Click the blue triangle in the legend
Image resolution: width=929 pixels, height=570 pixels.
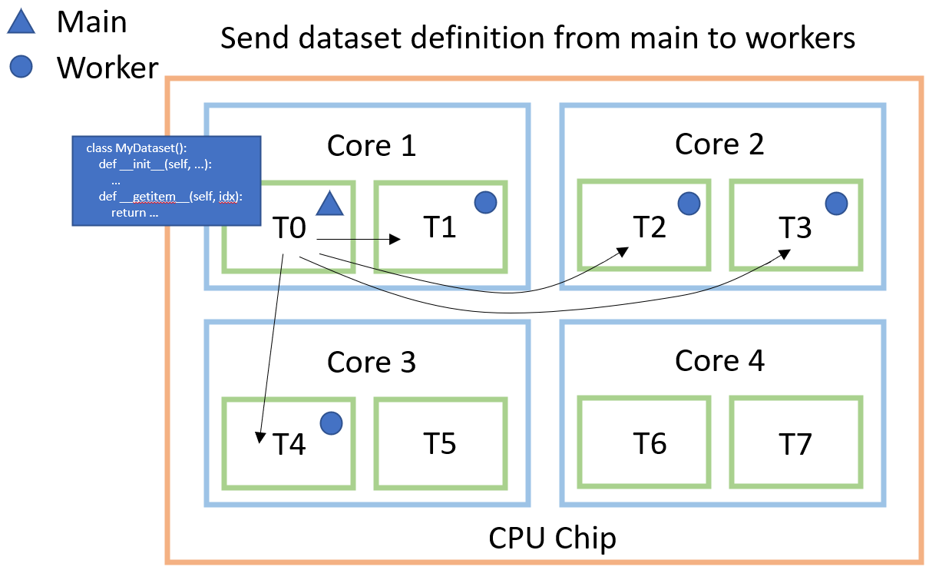tap(22, 24)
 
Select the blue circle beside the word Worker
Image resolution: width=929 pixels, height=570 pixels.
tap(21, 68)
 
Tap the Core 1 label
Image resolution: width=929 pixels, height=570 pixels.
tap(372, 145)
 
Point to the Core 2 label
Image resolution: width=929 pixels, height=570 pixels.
tap(719, 144)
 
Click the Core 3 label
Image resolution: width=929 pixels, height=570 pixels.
tap(372, 362)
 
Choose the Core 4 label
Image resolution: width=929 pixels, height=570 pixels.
tap(719, 360)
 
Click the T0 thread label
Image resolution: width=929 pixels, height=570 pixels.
tap(289, 227)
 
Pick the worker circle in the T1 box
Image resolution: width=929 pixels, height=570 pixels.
tap(485, 202)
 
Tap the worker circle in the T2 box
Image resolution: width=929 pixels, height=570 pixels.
tap(689, 203)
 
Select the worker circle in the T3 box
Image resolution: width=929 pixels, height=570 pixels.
tap(836, 203)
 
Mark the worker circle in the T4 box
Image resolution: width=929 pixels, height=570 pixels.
tap(331, 422)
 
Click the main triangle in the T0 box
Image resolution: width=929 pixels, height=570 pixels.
tap(329, 203)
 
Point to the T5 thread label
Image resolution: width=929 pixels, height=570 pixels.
tap(440, 443)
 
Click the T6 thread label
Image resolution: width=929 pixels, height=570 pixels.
tap(650, 443)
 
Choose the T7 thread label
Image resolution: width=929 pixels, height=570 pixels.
tap(795, 443)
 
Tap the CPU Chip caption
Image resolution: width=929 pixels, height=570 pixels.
tap(552, 539)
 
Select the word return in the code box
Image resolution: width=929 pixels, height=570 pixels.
tap(128, 212)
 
